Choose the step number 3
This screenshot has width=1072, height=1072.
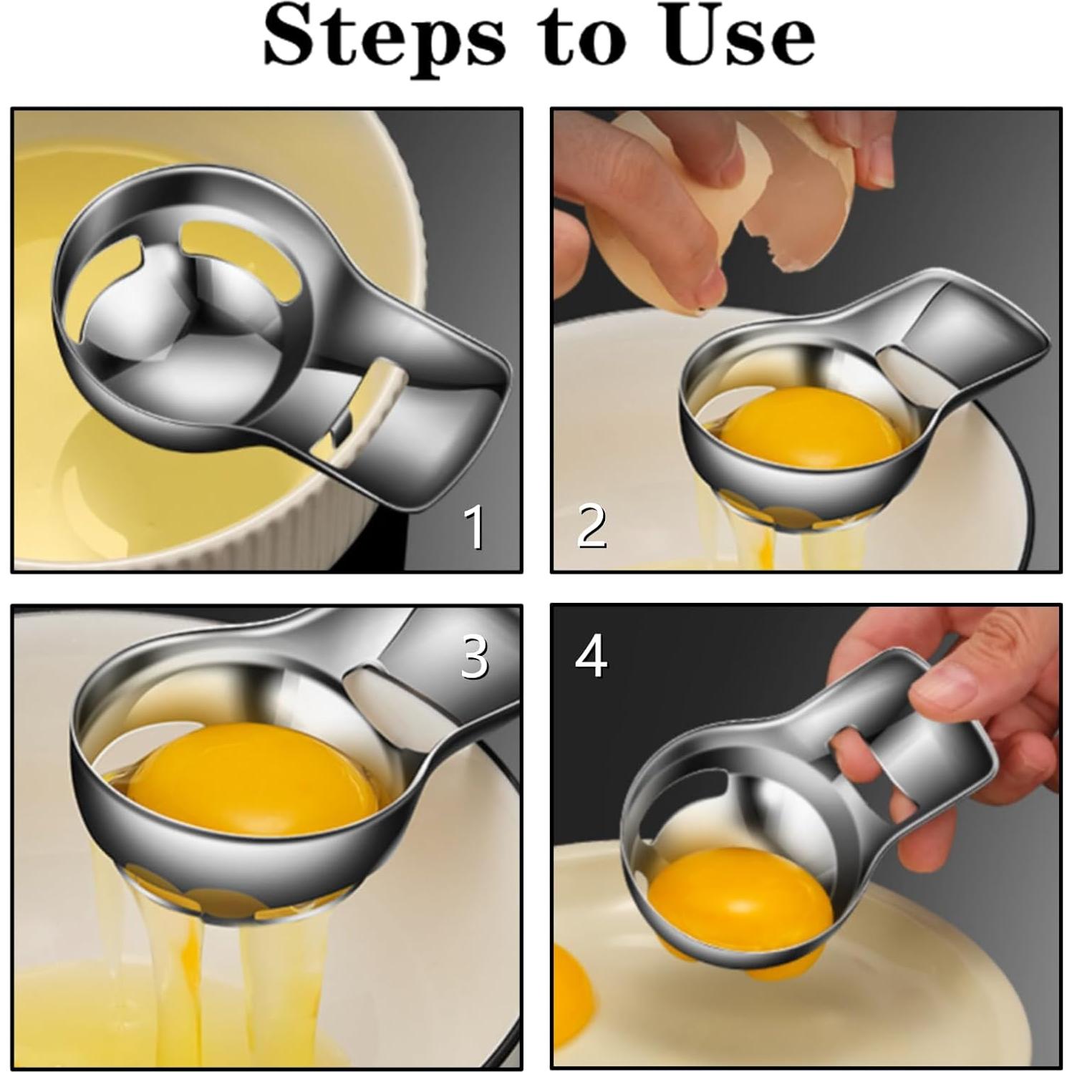[474, 656]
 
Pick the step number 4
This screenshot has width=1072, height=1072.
[591, 656]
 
